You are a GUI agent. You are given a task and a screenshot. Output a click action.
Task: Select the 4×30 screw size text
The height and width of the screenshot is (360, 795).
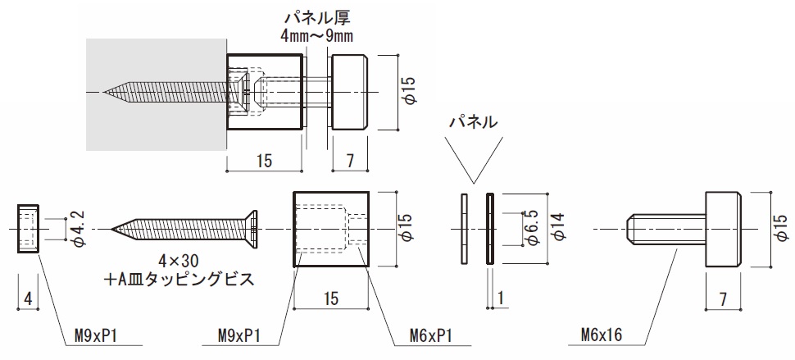(x=179, y=261)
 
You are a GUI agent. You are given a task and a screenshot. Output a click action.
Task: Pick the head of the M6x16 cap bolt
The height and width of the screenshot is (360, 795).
(x=721, y=229)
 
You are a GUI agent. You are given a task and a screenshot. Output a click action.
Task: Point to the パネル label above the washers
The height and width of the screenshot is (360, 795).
(x=473, y=122)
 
